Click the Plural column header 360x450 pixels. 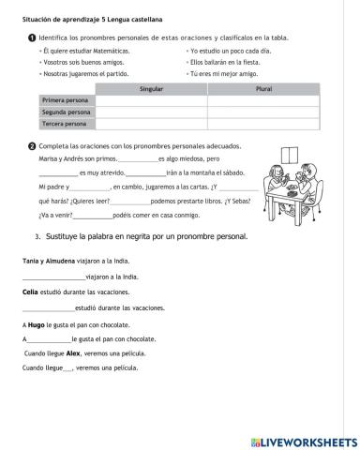pos(263,87)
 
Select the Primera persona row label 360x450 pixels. pos(64,99)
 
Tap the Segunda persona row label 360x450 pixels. pos(64,112)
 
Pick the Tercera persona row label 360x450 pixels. pos(64,124)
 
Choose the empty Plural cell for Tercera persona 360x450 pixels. pos(263,124)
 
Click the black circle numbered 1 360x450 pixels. pos(33,36)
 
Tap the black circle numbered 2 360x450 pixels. pos(33,146)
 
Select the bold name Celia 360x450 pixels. pos(30,292)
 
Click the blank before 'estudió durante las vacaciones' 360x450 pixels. pos(49,307)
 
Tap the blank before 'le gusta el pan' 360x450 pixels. pos(49,338)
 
